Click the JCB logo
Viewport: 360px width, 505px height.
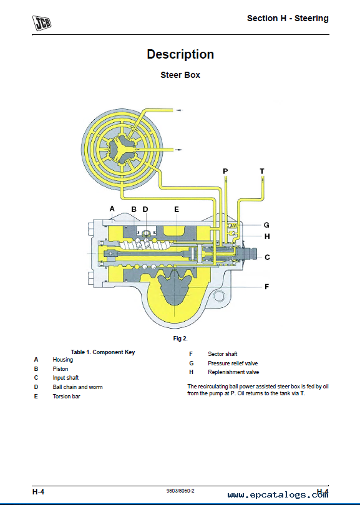(42, 23)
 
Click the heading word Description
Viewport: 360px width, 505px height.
(180, 54)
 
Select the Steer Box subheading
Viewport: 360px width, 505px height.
(180, 75)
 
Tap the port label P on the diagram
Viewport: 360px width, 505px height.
(225, 171)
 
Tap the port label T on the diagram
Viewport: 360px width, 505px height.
(262, 171)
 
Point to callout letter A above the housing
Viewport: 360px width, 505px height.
(112, 209)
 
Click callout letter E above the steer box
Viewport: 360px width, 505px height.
(177, 209)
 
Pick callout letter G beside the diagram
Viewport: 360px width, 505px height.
(266, 225)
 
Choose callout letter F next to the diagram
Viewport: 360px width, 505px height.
(266, 287)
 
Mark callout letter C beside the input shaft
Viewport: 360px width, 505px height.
(267, 257)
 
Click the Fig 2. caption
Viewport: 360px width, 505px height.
(180, 339)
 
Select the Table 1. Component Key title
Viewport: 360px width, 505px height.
(103, 352)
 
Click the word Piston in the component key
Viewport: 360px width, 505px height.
(61, 368)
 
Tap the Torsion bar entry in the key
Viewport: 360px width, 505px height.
(66, 396)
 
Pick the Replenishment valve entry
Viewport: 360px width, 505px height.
(233, 372)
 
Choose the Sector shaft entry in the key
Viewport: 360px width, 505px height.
(222, 354)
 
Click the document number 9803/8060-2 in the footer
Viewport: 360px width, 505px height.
(180, 491)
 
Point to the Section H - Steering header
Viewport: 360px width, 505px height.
(288, 18)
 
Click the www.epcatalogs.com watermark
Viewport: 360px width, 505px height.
(278, 495)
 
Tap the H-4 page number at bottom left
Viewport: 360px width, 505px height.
(38, 492)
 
